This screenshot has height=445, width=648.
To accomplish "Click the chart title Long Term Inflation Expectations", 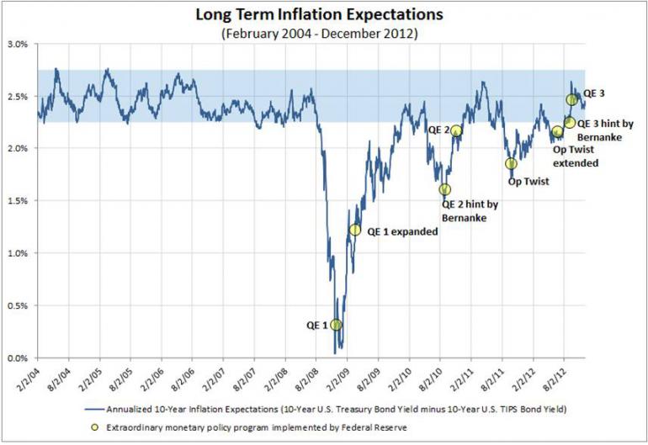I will (325, 15).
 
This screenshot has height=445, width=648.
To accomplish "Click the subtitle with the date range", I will (325, 34).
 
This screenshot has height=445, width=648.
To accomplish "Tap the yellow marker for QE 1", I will (336, 325).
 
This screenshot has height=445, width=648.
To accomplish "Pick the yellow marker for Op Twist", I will (511, 163).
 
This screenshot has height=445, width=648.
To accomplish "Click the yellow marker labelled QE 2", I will (456, 130).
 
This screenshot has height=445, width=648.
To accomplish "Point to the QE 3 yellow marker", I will (572, 100).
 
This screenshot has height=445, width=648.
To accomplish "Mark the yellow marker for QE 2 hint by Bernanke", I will (444, 189).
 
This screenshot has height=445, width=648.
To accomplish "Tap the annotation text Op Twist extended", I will (576, 155).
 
